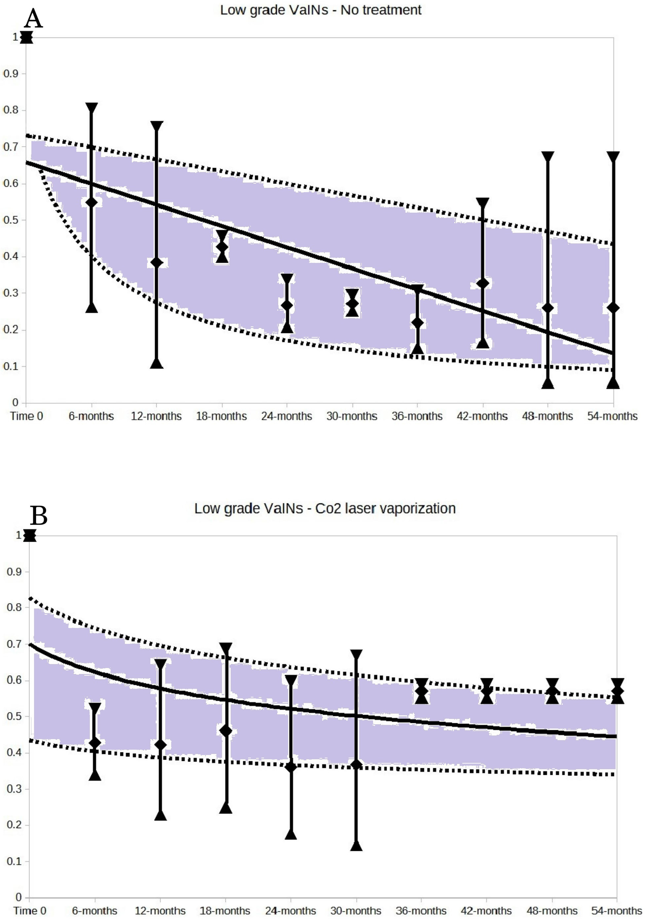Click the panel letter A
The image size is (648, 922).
pyautogui.click(x=33, y=19)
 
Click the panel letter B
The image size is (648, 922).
pyautogui.click(x=39, y=516)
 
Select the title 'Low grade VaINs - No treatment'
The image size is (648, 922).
pyautogui.click(x=321, y=10)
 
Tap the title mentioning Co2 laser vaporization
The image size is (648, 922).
pyautogui.click(x=324, y=508)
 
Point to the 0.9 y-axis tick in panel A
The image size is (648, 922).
pyautogui.click(x=11, y=73)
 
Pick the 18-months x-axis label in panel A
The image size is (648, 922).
pyautogui.click(x=221, y=416)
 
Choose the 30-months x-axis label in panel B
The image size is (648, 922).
pyautogui.click(x=356, y=910)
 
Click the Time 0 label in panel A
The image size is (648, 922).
pyautogui.click(x=26, y=416)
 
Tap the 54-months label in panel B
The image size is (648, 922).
pyautogui.click(x=616, y=910)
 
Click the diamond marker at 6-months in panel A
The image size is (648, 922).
pyautogui.click(x=92, y=202)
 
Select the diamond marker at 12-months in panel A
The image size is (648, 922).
pyautogui.click(x=157, y=263)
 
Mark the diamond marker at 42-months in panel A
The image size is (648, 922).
pyautogui.click(x=483, y=283)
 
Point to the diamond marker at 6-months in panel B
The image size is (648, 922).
pyautogui.click(x=95, y=743)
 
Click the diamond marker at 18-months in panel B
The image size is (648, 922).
pyautogui.click(x=226, y=731)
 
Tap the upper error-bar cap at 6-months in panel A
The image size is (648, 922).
pyautogui.click(x=92, y=107)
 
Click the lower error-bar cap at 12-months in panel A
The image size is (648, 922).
pyautogui.click(x=157, y=363)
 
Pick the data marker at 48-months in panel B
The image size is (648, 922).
pyautogui.click(x=553, y=691)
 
